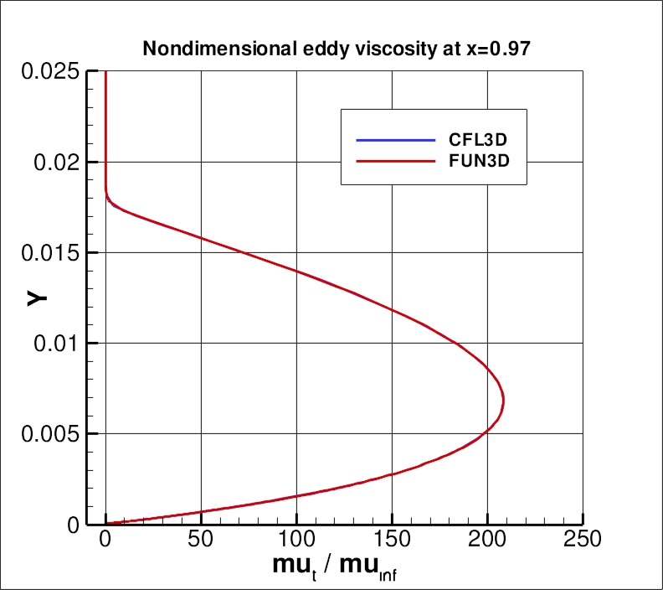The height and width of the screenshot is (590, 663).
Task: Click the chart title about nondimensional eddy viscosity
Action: point(337,49)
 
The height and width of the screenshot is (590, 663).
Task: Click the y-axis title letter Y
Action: point(36,297)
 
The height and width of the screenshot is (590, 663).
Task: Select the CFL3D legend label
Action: point(474,140)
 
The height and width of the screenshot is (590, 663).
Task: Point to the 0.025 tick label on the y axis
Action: point(46,72)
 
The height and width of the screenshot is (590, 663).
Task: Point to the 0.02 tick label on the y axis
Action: point(53,163)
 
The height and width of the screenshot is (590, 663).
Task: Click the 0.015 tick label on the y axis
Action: point(46,253)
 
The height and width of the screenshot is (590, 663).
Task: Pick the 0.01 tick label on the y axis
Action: point(53,344)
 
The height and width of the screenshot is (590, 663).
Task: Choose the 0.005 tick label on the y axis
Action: point(46,434)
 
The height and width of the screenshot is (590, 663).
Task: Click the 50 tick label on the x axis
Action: point(201,539)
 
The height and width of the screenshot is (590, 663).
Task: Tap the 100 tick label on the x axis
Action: point(296,539)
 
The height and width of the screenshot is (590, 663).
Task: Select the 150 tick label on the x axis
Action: point(392,539)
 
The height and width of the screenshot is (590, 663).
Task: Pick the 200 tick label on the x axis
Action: point(487,539)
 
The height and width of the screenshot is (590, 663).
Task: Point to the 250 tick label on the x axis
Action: point(583,539)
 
